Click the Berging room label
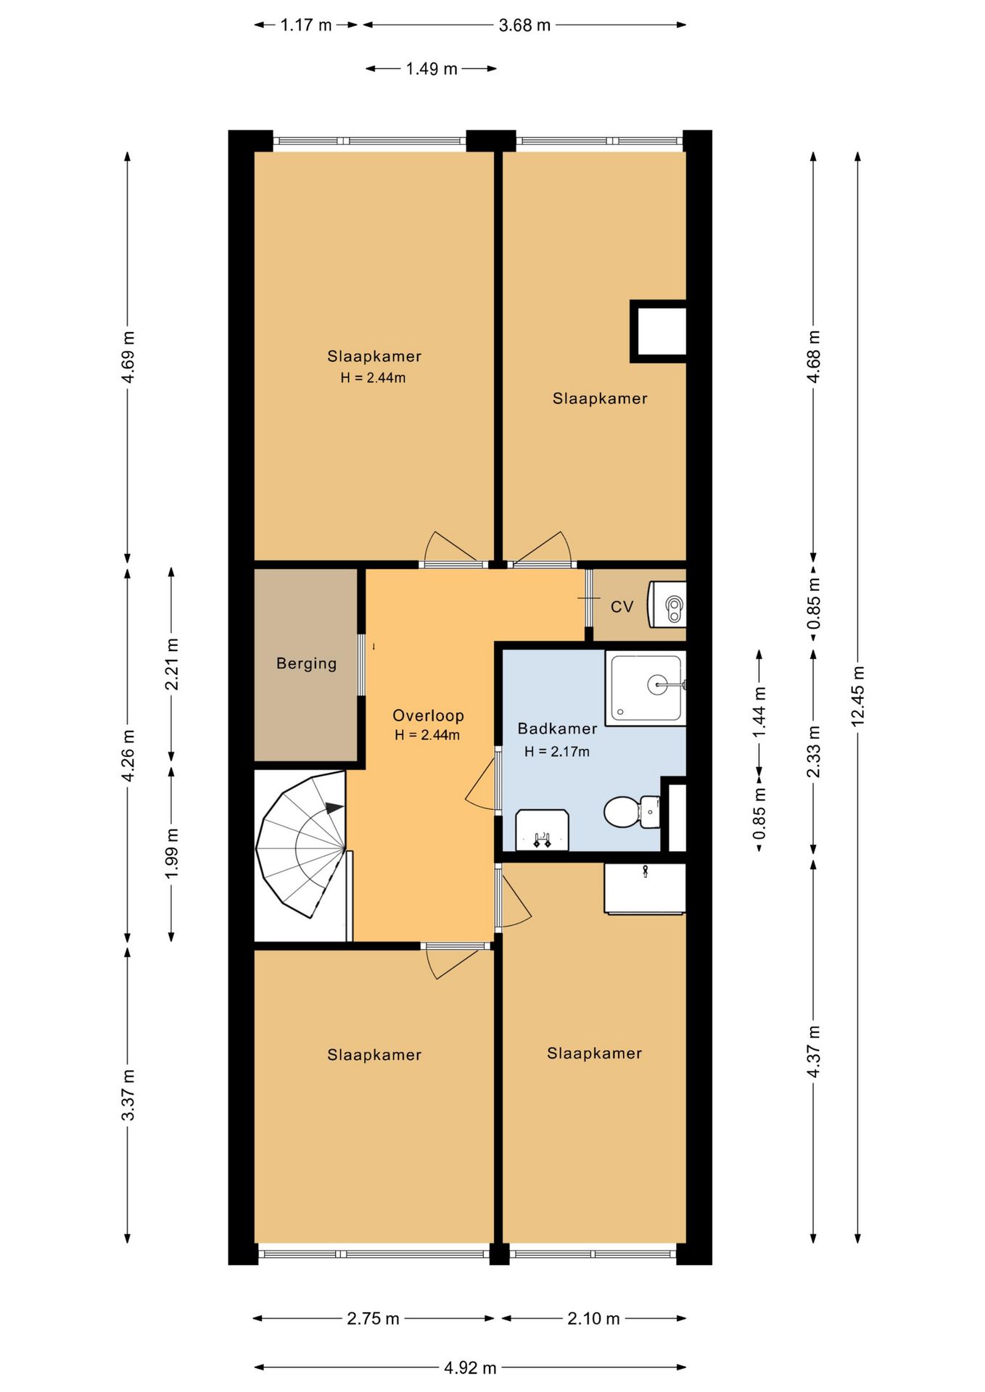point(306,663)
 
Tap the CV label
point(622,607)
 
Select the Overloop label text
point(428,716)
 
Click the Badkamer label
point(557,729)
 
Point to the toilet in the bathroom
point(632,812)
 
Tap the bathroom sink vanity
point(542,830)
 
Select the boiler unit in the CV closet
point(667,604)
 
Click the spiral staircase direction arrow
point(334,808)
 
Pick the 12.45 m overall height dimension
point(857,697)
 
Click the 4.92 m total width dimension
point(470,1367)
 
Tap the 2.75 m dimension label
point(373,1318)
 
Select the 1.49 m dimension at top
point(432,69)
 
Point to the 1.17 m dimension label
point(306,25)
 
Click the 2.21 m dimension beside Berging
point(172,664)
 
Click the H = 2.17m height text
point(557,752)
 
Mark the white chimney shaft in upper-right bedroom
point(659,331)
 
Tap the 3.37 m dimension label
point(128,1095)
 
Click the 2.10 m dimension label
point(593,1318)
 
